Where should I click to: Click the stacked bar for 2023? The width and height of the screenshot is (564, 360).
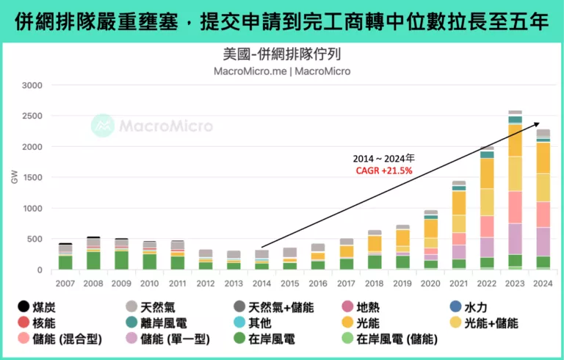click(x=516, y=191)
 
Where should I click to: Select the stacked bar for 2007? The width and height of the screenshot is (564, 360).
click(x=65, y=256)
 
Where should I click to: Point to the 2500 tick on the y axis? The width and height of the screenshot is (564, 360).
click(x=32, y=116)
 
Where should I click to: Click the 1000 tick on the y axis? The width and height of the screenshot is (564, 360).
click(x=32, y=209)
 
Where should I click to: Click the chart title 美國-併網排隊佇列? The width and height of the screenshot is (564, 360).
click(x=281, y=54)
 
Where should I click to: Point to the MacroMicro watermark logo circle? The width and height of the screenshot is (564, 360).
click(x=103, y=126)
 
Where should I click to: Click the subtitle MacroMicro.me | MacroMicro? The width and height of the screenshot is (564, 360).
click(x=281, y=71)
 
